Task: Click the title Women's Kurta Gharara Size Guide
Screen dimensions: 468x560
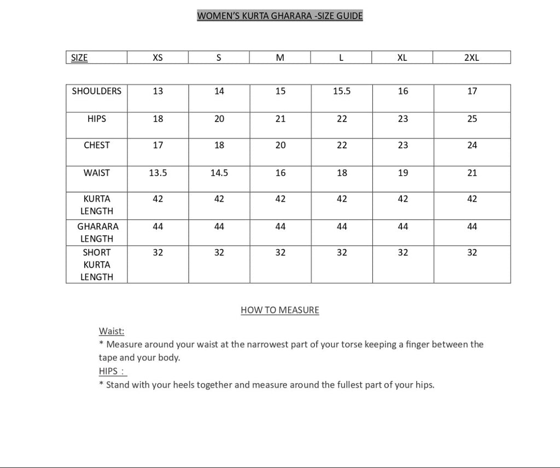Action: click(x=279, y=16)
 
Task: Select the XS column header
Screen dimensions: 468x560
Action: click(x=157, y=57)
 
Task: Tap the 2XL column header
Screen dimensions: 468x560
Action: click(x=471, y=57)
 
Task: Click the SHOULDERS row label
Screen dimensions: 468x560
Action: click(x=97, y=91)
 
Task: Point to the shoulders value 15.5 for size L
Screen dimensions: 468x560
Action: click(x=342, y=91)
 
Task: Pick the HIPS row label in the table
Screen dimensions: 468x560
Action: click(x=97, y=118)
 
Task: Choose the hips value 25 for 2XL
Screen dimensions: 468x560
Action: click(x=472, y=119)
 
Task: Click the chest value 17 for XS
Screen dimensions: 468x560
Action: click(x=157, y=145)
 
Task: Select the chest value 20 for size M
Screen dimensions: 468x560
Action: click(x=280, y=145)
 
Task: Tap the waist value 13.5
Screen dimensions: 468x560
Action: click(x=157, y=173)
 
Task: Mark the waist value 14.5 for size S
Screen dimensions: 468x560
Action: click(x=219, y=173)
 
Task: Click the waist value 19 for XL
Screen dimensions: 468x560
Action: click(x=402, y=173)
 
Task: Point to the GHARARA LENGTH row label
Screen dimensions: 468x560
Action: click(x=97, y=232)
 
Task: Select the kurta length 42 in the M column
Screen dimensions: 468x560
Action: click(x=280, y=199)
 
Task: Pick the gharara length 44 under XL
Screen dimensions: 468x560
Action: click(x=402, y=227)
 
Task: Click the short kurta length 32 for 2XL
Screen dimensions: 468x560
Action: click(x=472, y=253)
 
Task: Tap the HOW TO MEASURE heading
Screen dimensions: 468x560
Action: click(x=280, y=310)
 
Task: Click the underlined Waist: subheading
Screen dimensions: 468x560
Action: click(x=112, y=331)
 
